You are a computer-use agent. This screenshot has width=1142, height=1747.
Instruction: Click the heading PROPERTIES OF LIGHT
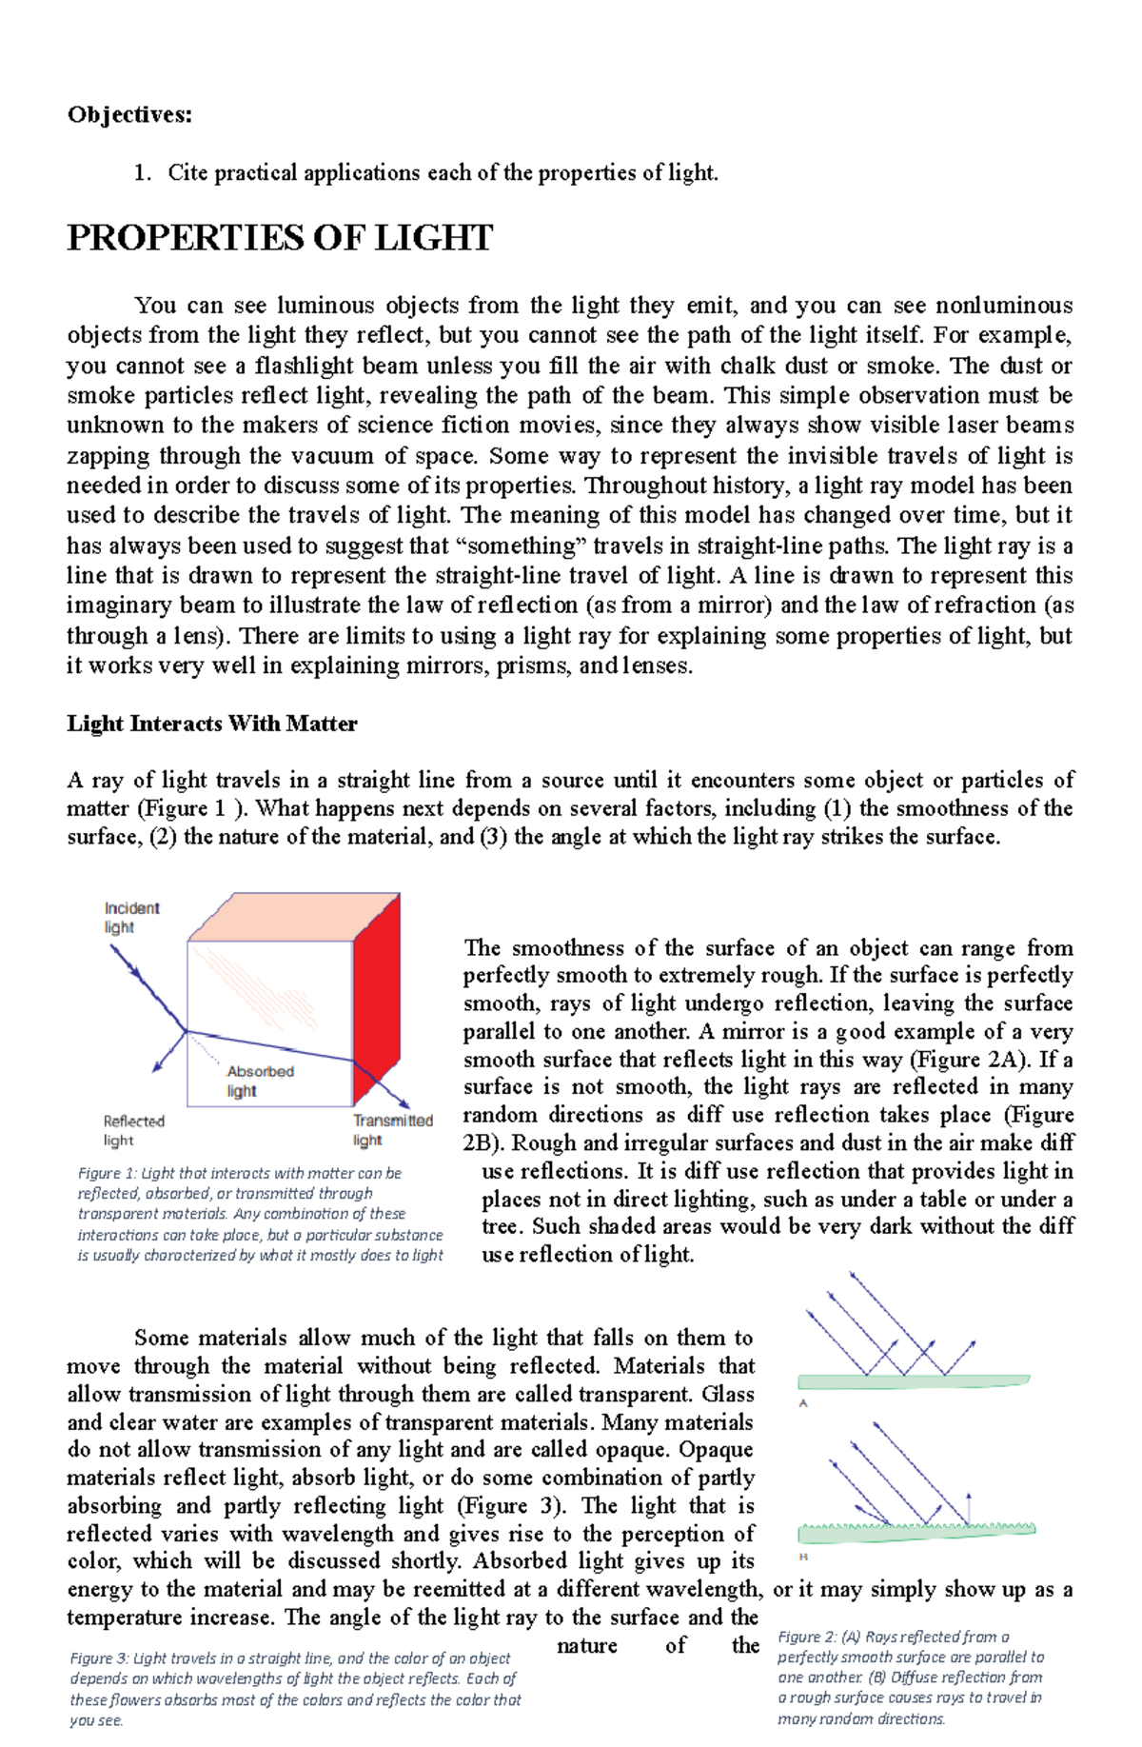[280, 238]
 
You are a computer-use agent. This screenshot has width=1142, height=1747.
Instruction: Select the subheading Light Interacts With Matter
[211, 724]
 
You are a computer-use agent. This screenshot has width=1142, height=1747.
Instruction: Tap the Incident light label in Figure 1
[131, 918]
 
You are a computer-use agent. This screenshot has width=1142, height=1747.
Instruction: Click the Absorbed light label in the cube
[259, 1081]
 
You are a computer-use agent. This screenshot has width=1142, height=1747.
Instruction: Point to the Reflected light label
[133, 1131]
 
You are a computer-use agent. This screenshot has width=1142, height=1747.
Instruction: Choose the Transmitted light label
[392, 1130]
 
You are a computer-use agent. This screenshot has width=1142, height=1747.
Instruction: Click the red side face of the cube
[377, 1009]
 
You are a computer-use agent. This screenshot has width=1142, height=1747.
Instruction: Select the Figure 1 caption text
[259, 1214]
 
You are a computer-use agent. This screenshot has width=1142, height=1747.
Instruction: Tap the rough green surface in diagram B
[916, 1532]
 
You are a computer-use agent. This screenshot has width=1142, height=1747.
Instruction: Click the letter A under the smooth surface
[803, 1403]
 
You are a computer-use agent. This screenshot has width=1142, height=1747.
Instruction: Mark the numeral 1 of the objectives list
[140, 173]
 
